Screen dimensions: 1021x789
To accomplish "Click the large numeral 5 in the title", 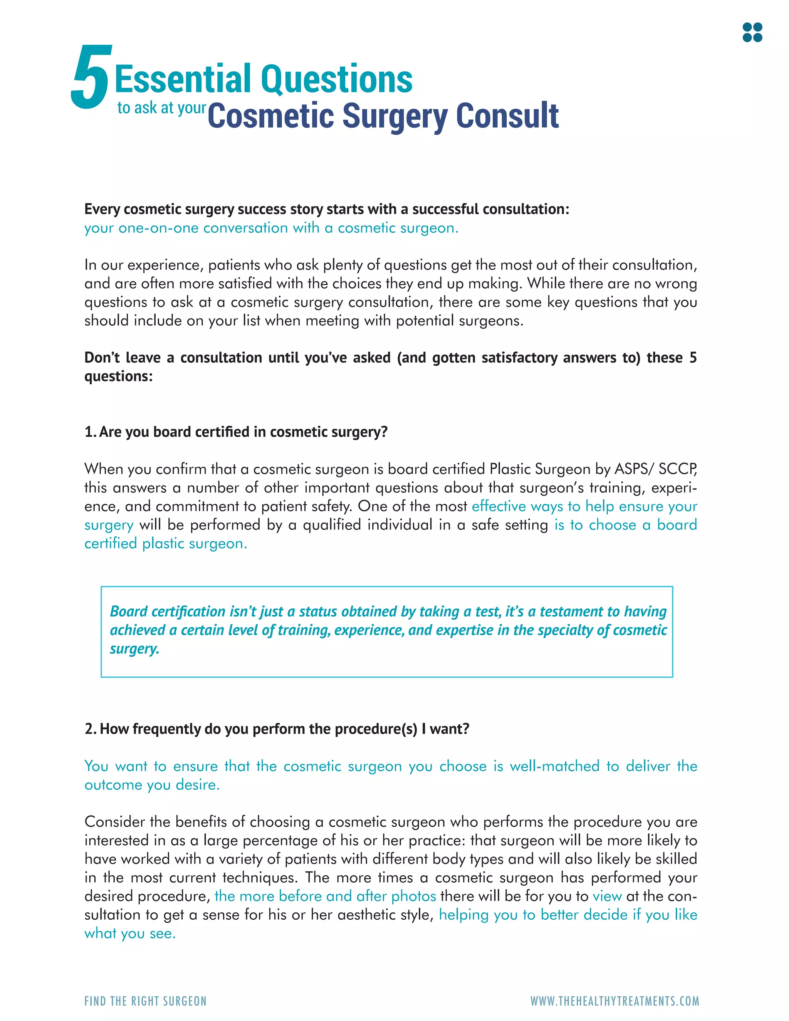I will tap(91, 77).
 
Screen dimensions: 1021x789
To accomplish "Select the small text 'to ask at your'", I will tap(161, 108).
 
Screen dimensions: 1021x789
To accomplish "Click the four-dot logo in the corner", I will tap(752, 32).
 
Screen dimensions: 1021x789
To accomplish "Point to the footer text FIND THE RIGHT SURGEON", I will tap(145, 1001).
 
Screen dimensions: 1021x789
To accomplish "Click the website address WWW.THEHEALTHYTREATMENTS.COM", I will tap(614, 1001).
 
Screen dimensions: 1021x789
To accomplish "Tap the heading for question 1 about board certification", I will tap(236, 432).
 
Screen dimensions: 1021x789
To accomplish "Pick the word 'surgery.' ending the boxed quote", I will tap(134, 649).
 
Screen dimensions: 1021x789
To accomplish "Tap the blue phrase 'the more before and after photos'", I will tap(325, 896).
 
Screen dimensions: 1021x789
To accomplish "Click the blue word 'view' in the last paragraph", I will tap(607, 896).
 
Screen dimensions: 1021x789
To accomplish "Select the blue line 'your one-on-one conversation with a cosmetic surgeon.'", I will tap(271, 228).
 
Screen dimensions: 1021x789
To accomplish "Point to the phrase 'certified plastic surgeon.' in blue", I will tap(165, 544).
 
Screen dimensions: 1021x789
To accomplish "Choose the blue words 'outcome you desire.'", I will tap(152, 784).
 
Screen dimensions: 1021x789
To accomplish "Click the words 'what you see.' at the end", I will tap(130, 934).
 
